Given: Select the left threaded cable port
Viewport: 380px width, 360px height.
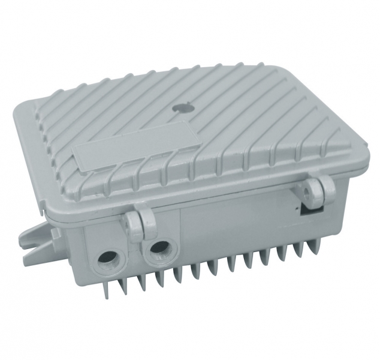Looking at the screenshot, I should [x=107, y=258].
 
